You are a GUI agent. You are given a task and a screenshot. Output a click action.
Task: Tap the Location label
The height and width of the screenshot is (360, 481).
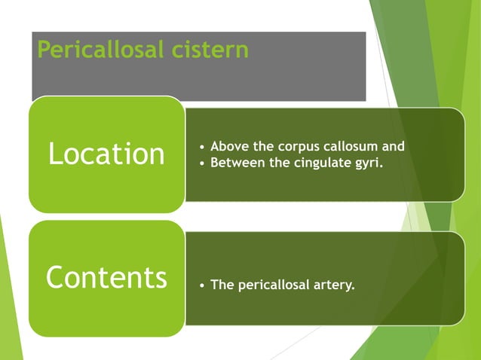tap(106, 154)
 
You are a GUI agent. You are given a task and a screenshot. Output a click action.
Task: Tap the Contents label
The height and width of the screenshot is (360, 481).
tap(106, 277)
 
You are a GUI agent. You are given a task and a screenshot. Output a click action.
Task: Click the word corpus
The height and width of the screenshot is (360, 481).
tap(296, 146)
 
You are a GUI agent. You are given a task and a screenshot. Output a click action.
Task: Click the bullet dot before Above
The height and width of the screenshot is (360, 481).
tap(201, 147)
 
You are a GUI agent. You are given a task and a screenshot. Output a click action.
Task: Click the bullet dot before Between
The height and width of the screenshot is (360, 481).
tap(201, 161)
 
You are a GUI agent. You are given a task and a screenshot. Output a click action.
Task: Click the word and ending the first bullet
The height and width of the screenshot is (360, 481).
tap(393, 146)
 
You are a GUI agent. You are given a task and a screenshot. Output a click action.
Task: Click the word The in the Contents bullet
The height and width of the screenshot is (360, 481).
tap(222, 285)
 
